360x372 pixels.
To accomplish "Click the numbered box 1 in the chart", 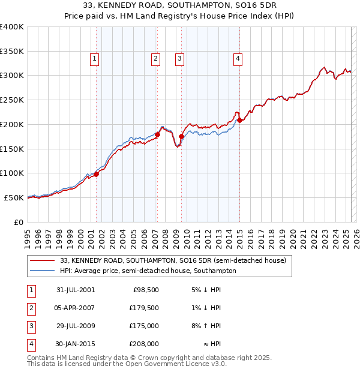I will coord(95,58).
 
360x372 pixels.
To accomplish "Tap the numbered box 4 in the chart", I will coord(238,58).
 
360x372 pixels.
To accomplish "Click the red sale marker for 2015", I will coord(240,121).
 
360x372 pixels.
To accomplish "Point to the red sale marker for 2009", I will coord(181,137).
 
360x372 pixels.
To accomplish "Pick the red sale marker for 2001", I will coord(96,174).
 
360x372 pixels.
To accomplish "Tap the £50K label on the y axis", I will coord(14,197).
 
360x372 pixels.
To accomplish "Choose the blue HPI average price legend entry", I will coord(148,271).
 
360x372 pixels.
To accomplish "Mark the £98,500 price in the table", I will coord(144,290).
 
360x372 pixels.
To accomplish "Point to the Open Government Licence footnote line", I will coord(127,364).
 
